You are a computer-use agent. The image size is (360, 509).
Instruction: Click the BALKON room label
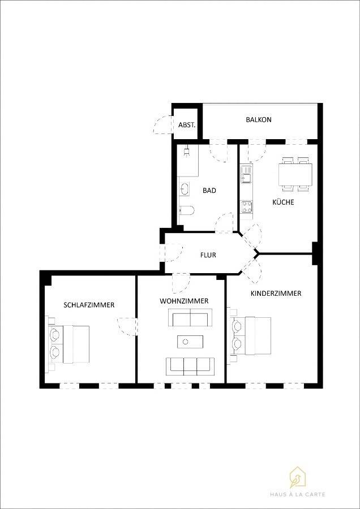pos(259,119)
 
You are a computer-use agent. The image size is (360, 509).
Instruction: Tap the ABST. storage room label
pos(187,124)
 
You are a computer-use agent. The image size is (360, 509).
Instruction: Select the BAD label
pos(209,191)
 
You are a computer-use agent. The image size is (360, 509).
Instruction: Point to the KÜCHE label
pos(283,202)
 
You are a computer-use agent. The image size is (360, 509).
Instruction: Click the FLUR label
pos(208,255)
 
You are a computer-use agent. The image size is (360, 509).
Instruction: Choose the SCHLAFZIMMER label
pos(89,305)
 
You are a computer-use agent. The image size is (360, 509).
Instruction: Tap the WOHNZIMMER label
pos(184,301)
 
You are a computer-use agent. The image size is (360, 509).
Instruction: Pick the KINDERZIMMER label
pos(276,294)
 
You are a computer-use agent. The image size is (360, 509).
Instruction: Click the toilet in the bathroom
pos(186,210)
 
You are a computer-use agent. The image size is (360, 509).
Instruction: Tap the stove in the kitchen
pos(247,207)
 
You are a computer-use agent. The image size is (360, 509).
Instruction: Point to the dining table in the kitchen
pos(295,174)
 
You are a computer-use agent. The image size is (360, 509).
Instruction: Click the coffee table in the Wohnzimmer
pos(190,341)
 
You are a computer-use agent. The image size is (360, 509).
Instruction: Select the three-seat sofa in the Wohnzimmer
pos(190,365)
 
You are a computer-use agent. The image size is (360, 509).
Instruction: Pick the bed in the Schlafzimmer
pos(69,344)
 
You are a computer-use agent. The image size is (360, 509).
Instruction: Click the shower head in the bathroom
pos(186,151)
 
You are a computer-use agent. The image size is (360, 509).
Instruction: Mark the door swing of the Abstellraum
pos(160,124)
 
